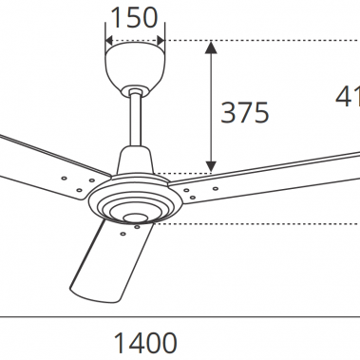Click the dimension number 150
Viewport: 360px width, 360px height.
[x=134, y=17]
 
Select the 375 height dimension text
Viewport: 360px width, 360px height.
[x=245, y=112]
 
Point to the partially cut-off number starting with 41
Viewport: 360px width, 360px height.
[x=347, y=96]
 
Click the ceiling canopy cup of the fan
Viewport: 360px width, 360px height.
[x=134, y=66]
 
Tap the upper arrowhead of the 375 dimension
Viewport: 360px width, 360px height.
[x=210, y=47]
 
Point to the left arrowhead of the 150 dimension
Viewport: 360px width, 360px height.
[x=108, y=41]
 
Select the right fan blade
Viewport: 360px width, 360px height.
[x=275, y=174]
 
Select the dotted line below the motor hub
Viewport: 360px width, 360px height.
[x=256, y=224]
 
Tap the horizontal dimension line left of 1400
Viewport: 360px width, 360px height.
[x=47, y=314]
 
